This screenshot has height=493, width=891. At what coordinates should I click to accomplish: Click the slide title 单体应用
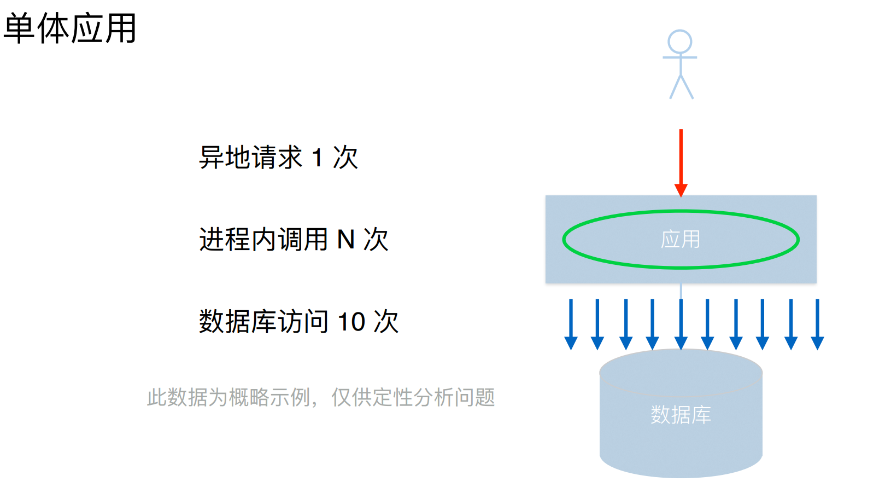(x=70, y=28)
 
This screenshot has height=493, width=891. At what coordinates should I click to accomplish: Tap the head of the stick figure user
(x=680, y=42)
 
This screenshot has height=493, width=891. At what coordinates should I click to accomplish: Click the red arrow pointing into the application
(x=681, y=159)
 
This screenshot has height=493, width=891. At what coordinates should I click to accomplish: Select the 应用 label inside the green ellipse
(x=681, y=240)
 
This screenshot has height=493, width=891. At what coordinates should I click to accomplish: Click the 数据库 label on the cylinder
(x=681, y=415)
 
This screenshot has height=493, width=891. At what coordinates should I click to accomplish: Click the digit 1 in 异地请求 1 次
(x=318, y=158)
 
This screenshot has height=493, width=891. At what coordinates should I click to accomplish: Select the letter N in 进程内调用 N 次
(x=346, y=240)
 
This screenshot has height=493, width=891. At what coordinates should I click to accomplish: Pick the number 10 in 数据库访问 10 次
(x=351, y=322)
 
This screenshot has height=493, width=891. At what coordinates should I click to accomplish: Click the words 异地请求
(x=251, y=158)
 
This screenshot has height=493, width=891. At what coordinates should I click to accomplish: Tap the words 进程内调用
(x=263, y=240)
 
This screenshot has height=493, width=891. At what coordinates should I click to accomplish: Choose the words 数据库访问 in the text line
(x=263, y=322)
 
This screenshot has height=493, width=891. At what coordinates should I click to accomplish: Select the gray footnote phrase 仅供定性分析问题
(x=413, y=397)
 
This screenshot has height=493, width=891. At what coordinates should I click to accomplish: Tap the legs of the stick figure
(x=681, y=88)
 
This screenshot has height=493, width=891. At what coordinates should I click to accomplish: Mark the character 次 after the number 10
(x=386, y=322)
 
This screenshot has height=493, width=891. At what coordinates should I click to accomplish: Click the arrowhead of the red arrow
(x=681, y=190)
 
